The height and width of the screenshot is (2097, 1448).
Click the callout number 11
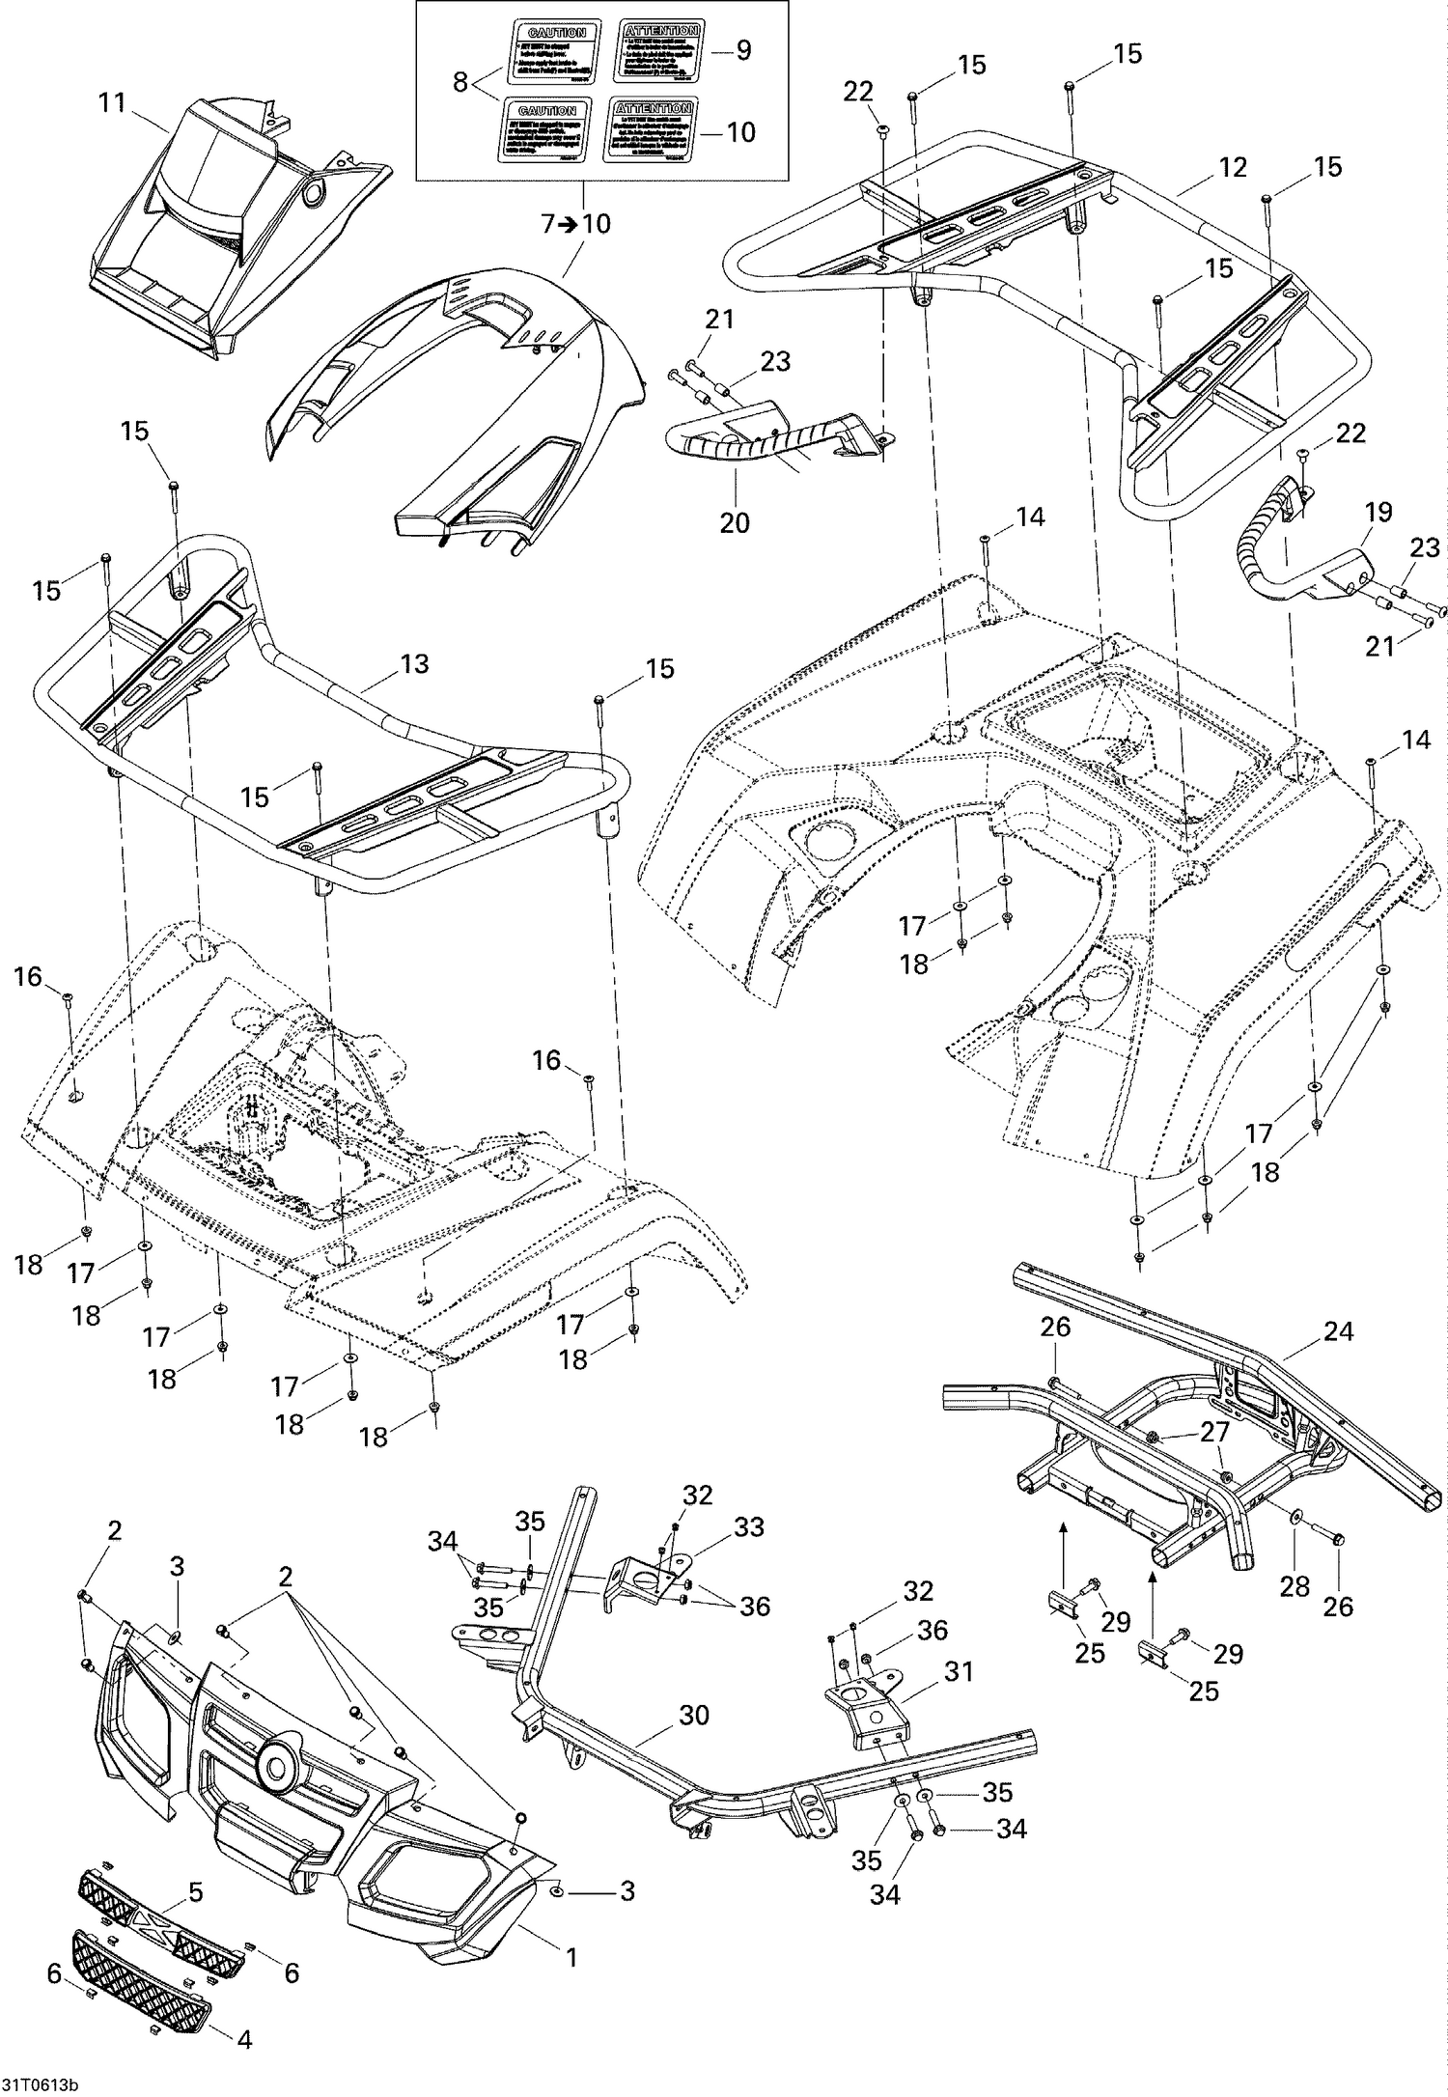(x=112, y=102)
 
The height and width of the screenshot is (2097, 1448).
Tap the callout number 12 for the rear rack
(x=1233, y=167)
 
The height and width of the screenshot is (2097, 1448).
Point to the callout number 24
(x=1338, y=1331)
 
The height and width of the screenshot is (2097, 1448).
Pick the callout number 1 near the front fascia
(x=571, y=1931)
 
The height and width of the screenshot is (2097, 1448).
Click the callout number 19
(x=1378, y=512)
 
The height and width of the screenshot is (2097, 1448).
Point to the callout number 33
(x=749, y=1527)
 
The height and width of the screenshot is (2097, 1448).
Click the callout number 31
(x=959, y=1670)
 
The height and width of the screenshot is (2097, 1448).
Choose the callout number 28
(x=1295, y=1585)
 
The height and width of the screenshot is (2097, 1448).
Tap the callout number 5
(x=196, y=1892)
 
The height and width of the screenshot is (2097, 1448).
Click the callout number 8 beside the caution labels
(x=460, y=82)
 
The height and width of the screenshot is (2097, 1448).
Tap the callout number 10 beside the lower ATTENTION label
(x=740, y=132)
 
